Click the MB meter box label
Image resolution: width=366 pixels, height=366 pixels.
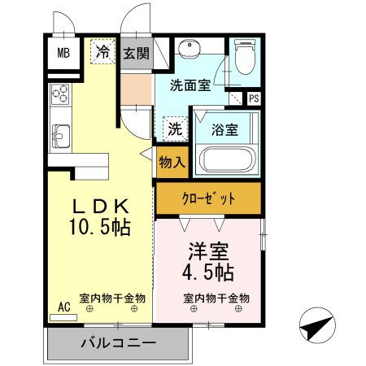click(63, 54)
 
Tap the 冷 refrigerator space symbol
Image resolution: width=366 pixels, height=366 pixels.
click(103, 52)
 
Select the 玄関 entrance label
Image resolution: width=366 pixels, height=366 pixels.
click(137, 54)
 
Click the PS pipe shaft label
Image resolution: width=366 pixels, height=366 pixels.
click(254, 99)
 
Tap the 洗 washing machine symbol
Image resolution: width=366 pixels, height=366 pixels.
click(175, 128)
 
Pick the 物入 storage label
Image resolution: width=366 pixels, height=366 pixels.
click(172, 163)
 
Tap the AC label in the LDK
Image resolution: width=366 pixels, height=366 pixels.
click(64, 307)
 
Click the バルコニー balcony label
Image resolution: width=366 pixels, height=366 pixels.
click(118, 344)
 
